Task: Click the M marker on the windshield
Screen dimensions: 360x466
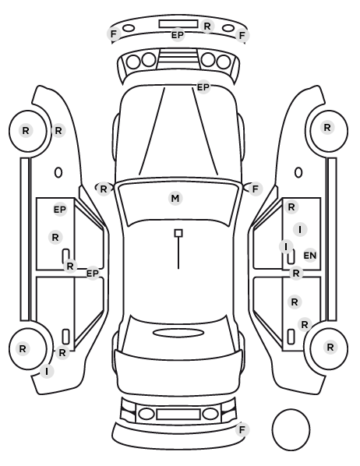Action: [175, 198]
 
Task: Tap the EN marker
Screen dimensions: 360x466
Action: [310, 256]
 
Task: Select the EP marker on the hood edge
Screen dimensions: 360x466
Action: [203, 87]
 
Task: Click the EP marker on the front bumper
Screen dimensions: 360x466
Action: [178, 35]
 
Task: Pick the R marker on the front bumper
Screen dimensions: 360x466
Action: [207, 26]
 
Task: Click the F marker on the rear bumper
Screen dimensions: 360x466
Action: [242, 429]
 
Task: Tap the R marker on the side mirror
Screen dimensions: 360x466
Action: [103, 189]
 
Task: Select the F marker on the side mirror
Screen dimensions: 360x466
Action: [256, 189]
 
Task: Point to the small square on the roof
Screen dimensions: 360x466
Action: [178, 233]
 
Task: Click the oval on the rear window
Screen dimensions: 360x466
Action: [178, 333]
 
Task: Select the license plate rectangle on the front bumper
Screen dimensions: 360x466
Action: [178, 24]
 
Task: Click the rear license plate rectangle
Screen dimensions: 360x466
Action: [178, 415]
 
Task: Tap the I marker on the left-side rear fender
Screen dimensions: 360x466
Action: [47, 372]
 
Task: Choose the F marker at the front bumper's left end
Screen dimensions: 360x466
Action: [113, 34]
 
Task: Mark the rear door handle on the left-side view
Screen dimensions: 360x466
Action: [65, 337]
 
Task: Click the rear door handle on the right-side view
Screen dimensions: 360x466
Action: [291, 337]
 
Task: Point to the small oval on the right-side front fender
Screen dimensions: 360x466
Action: [298, 173]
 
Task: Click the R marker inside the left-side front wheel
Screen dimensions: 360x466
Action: [26, 130]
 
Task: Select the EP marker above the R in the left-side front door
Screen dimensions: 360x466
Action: [60, 210]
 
